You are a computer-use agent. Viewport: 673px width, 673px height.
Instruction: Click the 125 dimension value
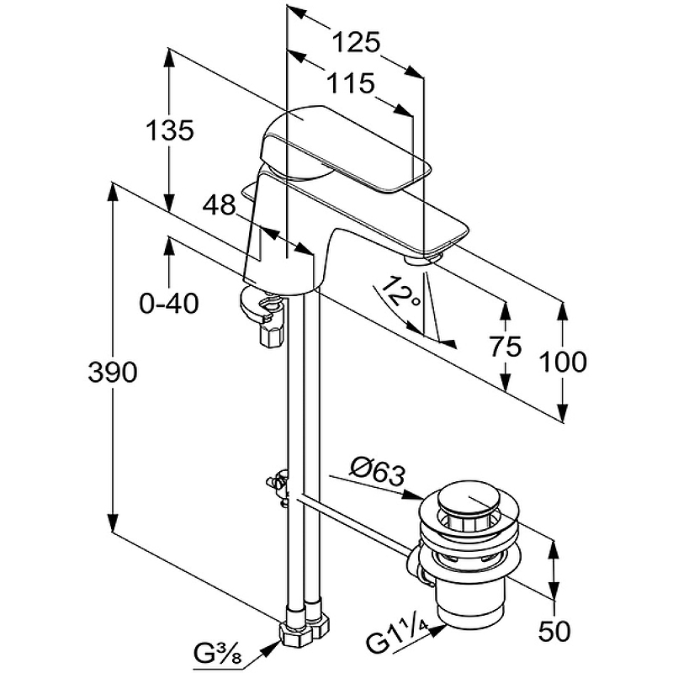point(356,40)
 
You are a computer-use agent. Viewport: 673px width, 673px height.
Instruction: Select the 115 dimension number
point(347,82)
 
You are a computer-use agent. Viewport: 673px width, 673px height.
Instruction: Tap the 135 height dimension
point(170,130)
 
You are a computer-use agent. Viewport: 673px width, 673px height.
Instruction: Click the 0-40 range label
point(169,303)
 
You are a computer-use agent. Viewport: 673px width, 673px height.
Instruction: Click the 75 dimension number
point(505,346)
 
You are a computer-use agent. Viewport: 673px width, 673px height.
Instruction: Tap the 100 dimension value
point(562,362)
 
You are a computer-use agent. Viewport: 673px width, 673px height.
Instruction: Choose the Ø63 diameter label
point(378,469)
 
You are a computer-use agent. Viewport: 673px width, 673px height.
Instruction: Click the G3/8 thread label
point(220,652)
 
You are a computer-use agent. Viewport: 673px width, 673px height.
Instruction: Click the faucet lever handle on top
point(336,143)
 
